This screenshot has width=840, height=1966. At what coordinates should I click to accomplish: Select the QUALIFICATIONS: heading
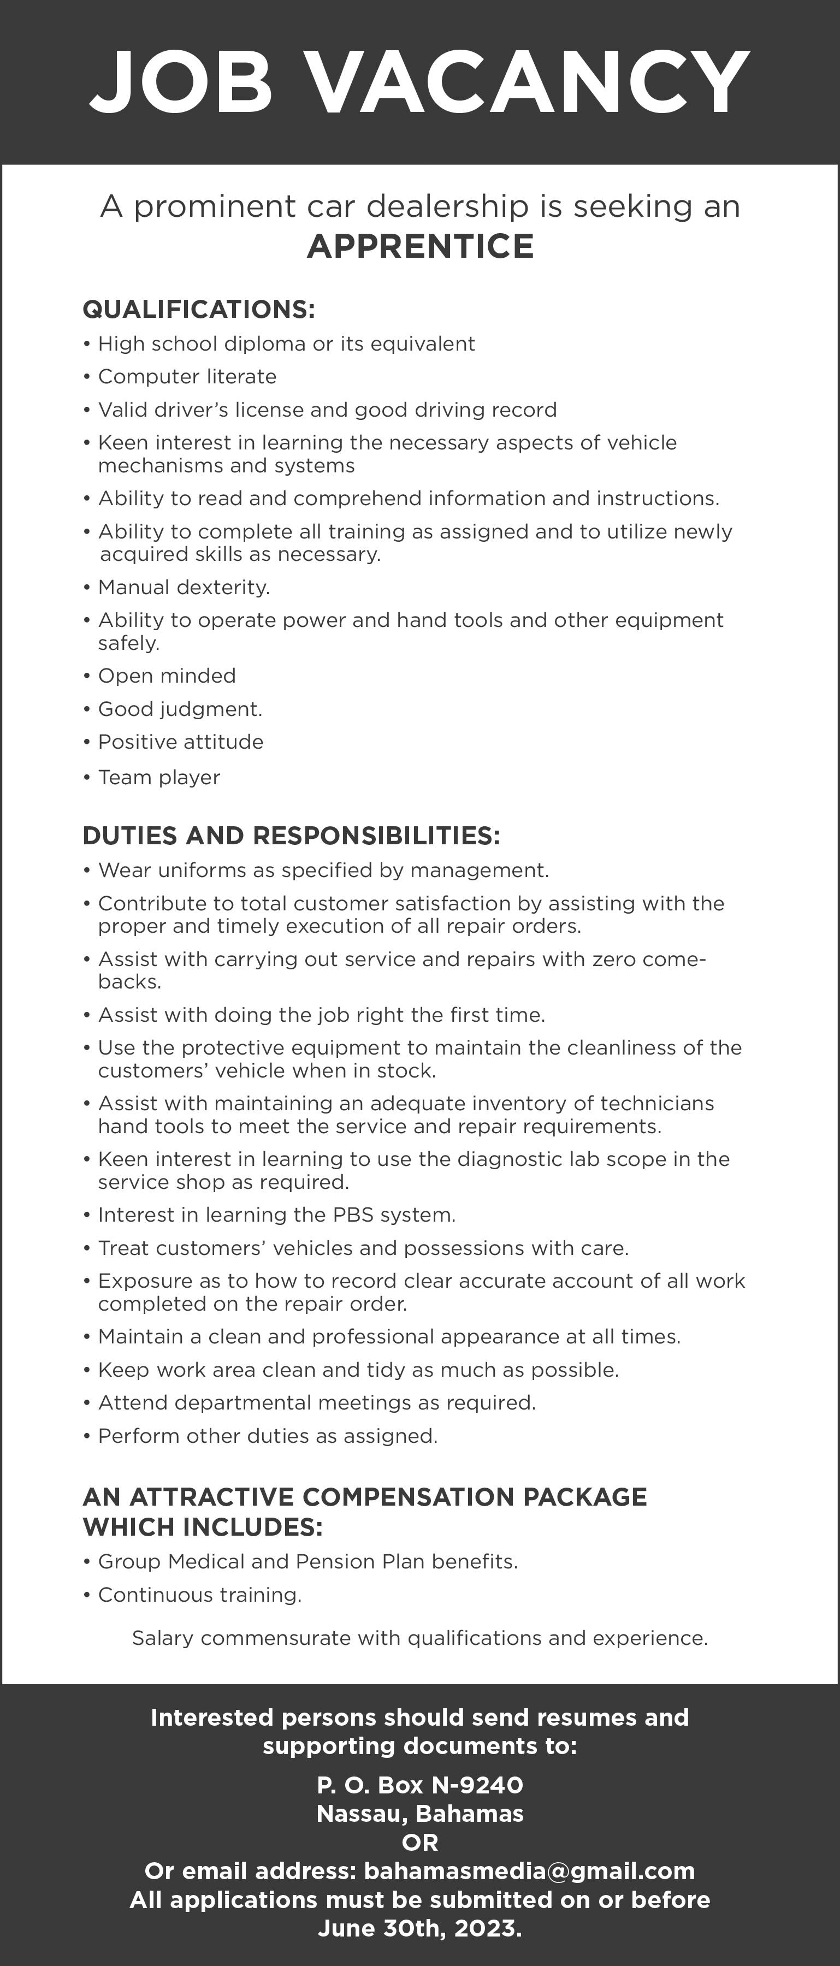tap(198, 309)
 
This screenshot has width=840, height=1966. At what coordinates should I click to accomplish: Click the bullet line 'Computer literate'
tap(187, 377)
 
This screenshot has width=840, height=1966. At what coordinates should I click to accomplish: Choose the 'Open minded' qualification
tap(167, 676)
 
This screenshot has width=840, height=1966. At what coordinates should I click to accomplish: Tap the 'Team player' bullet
tap(159, 778)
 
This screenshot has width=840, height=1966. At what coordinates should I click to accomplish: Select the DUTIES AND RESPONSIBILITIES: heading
tap(291, 836)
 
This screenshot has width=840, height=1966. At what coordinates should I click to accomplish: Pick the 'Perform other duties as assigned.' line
tap(268, 1436)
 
